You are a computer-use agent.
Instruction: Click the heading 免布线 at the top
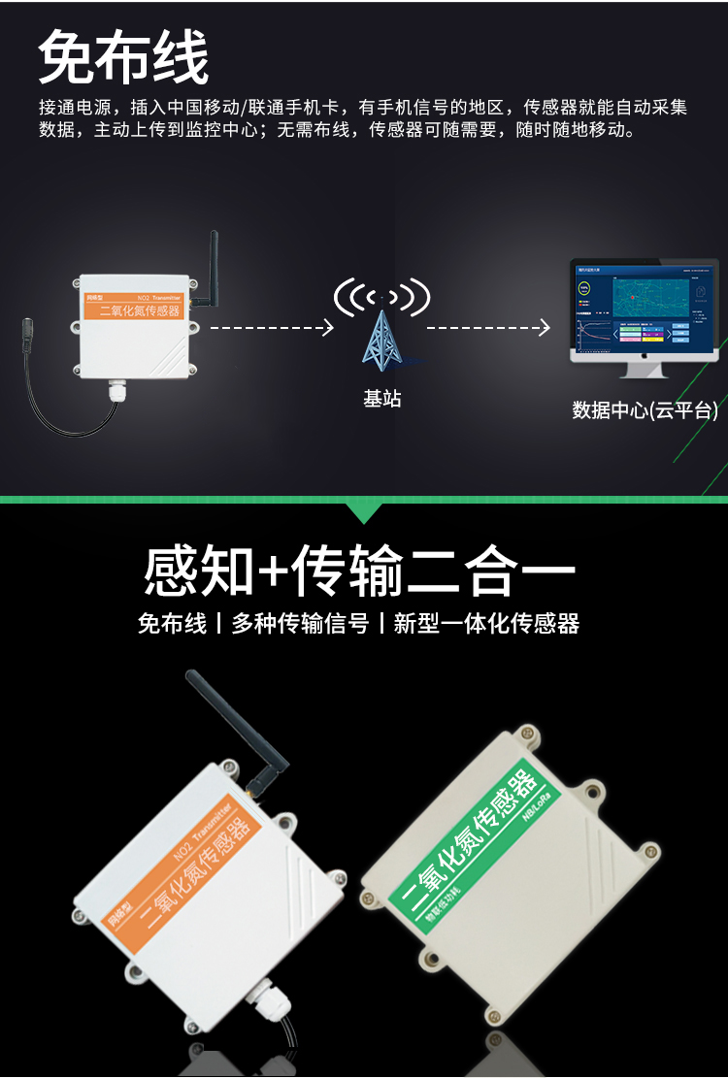coord(123,58)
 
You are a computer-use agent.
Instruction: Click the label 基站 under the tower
coord(381,398)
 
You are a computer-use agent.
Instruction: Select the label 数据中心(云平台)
coord(645,410)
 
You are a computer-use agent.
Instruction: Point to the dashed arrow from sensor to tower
coord(272,328)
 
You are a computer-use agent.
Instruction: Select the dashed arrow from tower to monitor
coord(488,328)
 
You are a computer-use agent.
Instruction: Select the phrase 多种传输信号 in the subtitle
coord(300,623)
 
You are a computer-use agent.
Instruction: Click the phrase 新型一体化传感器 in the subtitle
coord(486,623)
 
